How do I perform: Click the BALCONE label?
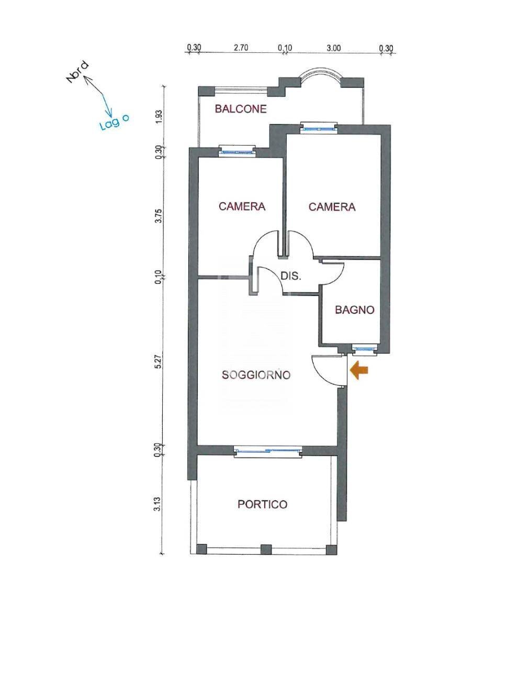point(241,109)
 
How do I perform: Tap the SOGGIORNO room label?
point(256,375)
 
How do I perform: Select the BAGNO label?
point(355,310)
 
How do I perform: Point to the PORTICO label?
point(262,504)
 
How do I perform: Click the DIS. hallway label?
point(291,276)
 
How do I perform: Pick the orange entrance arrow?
point(359,370)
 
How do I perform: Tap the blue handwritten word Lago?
point(114,122)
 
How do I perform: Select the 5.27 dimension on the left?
point(159,362)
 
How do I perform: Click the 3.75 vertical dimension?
point(159,216)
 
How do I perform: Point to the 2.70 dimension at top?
point(241,48)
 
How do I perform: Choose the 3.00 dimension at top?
point(334,48)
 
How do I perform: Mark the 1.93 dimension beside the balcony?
point(159,117)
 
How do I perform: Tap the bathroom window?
point(365,350)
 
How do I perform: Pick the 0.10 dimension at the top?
point(285,48)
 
